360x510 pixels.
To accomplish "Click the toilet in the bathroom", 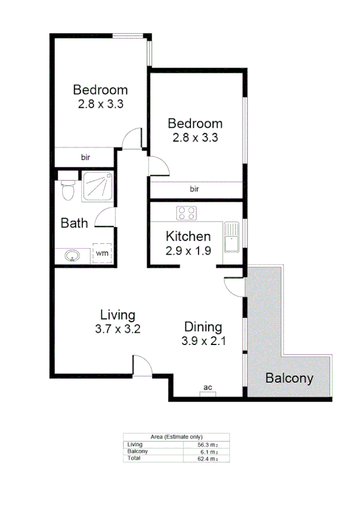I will (67, 188).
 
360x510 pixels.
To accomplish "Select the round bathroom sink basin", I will (73, 255).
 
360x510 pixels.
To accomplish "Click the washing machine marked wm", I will (102, 253).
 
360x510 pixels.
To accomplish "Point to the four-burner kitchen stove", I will (187, 213).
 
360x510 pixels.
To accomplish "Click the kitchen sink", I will (231, 237).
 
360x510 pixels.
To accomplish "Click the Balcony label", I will (290, 379).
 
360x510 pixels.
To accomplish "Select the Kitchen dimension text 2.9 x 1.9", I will (188, 251).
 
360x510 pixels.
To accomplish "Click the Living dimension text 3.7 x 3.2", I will (117, 329).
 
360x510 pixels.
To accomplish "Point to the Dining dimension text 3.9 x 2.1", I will (203, 341).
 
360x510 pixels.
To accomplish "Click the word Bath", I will (75, 223).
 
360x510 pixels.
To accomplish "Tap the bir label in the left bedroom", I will (85, 157).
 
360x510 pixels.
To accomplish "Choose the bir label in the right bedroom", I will (194, 189).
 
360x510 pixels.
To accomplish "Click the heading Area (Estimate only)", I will (176, 437).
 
